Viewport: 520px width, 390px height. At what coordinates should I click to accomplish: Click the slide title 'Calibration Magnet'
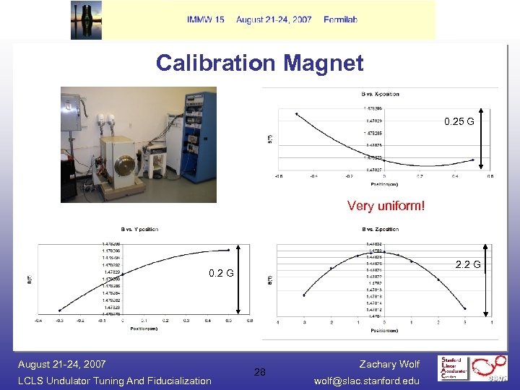point(259,63)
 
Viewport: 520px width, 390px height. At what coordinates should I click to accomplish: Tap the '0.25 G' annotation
point(459,121)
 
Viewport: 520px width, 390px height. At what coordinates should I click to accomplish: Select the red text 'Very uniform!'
point(386,206)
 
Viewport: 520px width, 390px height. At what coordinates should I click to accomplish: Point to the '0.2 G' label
point(221,274)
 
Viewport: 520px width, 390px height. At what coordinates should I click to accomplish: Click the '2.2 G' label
point(467,264)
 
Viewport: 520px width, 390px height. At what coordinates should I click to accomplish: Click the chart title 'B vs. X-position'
point(380,94)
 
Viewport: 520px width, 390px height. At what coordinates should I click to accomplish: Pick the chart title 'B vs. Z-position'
point(380,230)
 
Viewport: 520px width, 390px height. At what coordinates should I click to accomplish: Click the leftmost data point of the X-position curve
point(296,113)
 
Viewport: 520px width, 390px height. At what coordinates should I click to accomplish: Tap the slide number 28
point(259,372)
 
